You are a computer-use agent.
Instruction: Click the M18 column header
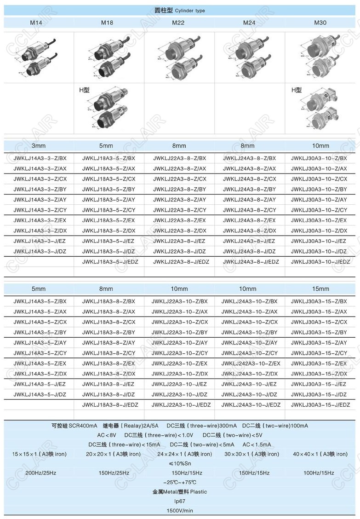(x=108, y=22)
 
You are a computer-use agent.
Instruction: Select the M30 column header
(x=320, y=22)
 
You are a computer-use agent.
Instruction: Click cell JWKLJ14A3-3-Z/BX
(x=40, y=158)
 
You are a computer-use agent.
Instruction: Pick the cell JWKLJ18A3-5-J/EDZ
(x=110, y=262)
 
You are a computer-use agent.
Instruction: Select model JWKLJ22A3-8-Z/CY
(x=180, y=210)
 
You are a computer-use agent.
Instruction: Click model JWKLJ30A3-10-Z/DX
(x=319, y=231)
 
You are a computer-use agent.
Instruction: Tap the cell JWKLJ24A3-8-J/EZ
(x=250, y=241)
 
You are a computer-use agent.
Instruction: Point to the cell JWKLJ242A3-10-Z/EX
(x=251, y=363)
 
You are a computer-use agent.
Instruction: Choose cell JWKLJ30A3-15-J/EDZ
(x=319, y=405)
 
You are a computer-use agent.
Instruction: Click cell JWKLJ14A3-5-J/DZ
(x=40, y=394)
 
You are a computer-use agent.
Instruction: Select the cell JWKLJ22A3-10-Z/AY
(x=180, y=343)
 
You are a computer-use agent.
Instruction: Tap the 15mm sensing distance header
(x=321, y=289)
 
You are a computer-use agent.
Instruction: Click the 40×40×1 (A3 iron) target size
(x=320, y=454)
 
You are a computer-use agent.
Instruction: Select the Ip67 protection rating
(x=180, y=501)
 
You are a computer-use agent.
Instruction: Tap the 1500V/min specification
(x=180, y=511)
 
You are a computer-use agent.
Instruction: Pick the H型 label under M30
(x=297, y=90)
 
